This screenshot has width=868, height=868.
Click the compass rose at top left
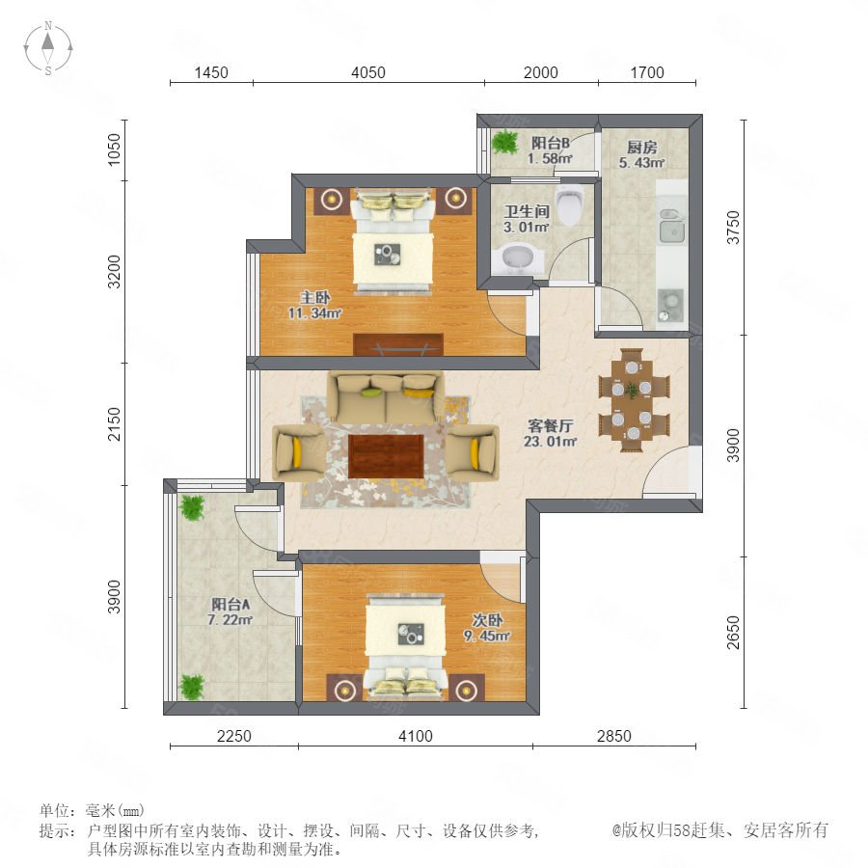(x=48, y=47)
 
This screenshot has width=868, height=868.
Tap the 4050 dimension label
(x=368, y=72)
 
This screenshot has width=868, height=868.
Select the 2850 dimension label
(x=614, y=736)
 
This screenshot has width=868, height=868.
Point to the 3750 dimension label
(x=734, y=227)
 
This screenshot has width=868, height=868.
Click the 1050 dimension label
(x=114, y=149)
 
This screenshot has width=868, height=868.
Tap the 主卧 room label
(x=315, y=297)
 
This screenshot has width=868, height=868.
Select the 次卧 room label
(x=487, y=620)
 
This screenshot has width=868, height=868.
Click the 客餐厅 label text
(x=550, y=425)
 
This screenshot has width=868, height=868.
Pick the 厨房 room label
(x=642, y=148)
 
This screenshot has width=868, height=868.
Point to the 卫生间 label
(x=527, y=211)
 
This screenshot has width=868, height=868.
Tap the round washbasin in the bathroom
(x=519, y=258)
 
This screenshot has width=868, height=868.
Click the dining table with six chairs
(x=634, y=399)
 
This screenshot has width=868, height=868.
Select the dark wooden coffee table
(x=386, y=456)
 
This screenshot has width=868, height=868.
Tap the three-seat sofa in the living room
(x=385, y=398)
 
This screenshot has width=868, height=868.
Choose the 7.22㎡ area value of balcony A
(x=231, y=620)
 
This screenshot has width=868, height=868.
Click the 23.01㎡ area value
(x=551, y=441)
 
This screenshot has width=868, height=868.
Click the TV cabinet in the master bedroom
(x=398, y=344)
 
